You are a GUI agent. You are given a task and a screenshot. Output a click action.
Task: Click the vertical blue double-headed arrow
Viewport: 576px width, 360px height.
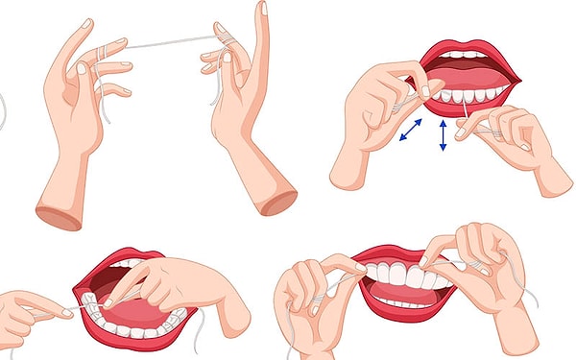point(443,135)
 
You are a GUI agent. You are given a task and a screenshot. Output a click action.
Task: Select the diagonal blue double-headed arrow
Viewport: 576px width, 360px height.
point(414,131)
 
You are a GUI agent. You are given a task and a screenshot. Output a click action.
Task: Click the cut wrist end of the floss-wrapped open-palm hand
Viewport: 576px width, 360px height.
point(58,213)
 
